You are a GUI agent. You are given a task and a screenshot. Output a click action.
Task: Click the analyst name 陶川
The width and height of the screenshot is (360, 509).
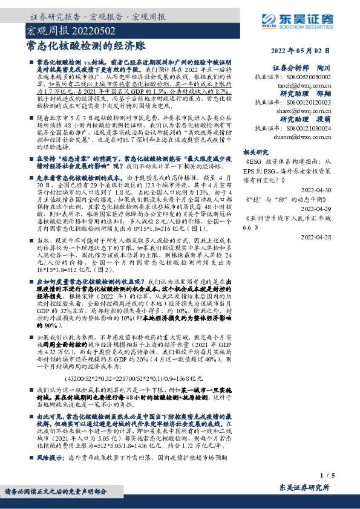point(324,68)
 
